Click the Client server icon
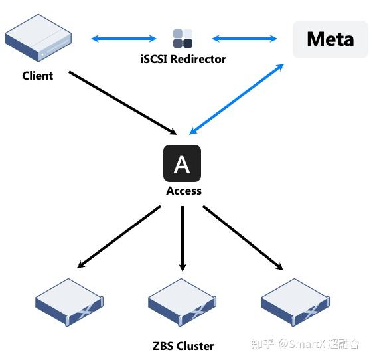[x=38, y=42]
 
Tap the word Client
[x=37, y=76]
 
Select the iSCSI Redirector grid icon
[x=183, y=39]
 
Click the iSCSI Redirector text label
[x=183, y=59]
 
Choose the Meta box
[x=330, y=39]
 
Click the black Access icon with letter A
[x=182, y=163]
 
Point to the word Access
[x=183, y=191]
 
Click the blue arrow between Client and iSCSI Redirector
[x=123, y=39]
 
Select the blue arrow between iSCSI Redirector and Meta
[x=244, y=39]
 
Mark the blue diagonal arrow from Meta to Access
[x=237, y=98]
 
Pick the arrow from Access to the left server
[x=119, y=236]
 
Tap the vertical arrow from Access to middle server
[x=183, y=238]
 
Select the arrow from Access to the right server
[x=243, y=237]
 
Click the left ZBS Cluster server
[x=70, y=303]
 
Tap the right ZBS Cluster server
[x=295, y=303]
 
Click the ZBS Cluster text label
[x=183, y=345]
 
